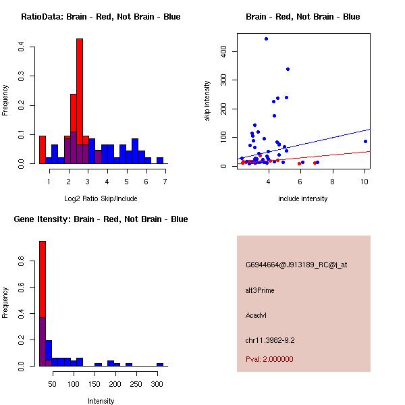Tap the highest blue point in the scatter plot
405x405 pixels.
tap(266, 39)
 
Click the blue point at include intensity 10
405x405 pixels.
tap(365, 141)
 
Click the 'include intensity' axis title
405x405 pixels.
tap(303, 198)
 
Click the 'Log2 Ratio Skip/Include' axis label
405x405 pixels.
tap(101, 198)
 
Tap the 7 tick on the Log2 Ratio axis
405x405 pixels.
tap(165, 181)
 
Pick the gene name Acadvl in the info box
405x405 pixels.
tap(257, 315)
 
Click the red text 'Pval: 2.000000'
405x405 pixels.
tap(269, 359)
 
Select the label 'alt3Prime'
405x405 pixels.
tap(260, 290)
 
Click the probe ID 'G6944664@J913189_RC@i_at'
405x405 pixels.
tap(296, 265)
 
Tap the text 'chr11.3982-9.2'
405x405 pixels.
tap(270, 340)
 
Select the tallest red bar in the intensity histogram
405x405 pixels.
tap(43, 304)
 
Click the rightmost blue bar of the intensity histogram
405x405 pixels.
tap(160, 364)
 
